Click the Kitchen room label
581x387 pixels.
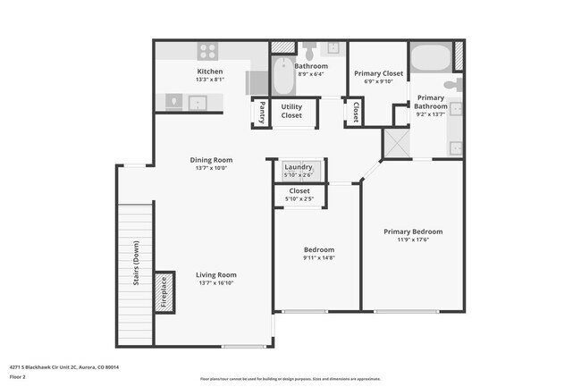point(210,72)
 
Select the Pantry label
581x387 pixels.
point(261,113)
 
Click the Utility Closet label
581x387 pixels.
point(291,111)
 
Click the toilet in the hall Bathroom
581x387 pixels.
point(309,49)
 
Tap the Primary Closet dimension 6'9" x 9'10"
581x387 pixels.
point(379,81)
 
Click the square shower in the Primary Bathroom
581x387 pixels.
point(395,143)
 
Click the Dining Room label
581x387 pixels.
point(210,160)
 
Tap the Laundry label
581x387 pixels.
point(299,167)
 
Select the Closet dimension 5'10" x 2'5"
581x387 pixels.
point(299,198)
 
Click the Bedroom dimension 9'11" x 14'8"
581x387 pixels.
point(318,257)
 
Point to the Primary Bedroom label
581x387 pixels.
point(413,231)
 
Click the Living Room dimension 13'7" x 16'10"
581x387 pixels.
point(217,283)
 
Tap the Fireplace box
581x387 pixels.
point(164,291)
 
